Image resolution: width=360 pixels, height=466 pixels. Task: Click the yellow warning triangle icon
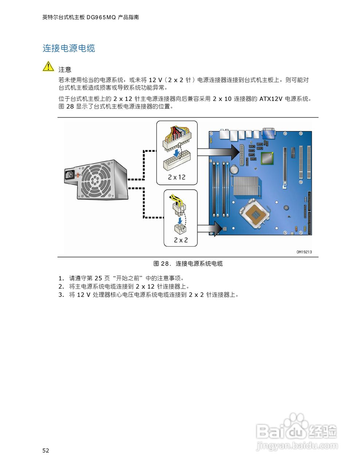tap(48, 67)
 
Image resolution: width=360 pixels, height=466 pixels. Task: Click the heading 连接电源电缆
tap(69, 48)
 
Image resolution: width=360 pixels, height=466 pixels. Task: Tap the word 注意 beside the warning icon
tap(65, 70)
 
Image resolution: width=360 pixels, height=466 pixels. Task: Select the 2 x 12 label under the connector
tap(177, 177)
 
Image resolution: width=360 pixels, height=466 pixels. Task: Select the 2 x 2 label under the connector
tap(181, 240)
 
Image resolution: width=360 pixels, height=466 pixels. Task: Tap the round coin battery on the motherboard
tap(234, 169)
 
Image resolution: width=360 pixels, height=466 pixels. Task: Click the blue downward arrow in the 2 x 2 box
tap(179, 221)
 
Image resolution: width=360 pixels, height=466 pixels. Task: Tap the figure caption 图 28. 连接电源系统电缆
tap(188, 264)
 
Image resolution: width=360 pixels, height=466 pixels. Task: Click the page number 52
tap(46, 451)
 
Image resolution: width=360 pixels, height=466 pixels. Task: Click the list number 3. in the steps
tap(61, 295)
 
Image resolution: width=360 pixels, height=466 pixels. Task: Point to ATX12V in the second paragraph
tap(271, 99)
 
